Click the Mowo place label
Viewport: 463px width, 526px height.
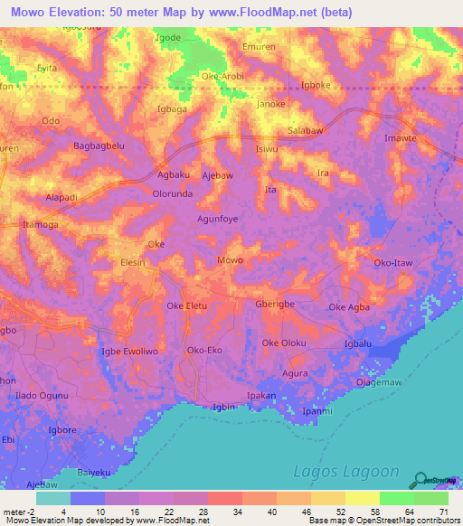pos(230,260)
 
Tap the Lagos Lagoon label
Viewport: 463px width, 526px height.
pos(347,471)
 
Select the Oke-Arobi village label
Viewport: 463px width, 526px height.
pos(222,76)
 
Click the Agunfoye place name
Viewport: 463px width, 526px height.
pos(218,219)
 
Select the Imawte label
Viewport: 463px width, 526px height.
pos(400,138)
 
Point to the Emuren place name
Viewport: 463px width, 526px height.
pos(285,46)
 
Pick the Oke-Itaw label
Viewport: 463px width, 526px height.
pos(392,263)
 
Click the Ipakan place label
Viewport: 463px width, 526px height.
pos(261,396)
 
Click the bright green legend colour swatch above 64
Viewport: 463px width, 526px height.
pos(396,498)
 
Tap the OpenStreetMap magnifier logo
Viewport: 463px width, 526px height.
pos(421,480)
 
